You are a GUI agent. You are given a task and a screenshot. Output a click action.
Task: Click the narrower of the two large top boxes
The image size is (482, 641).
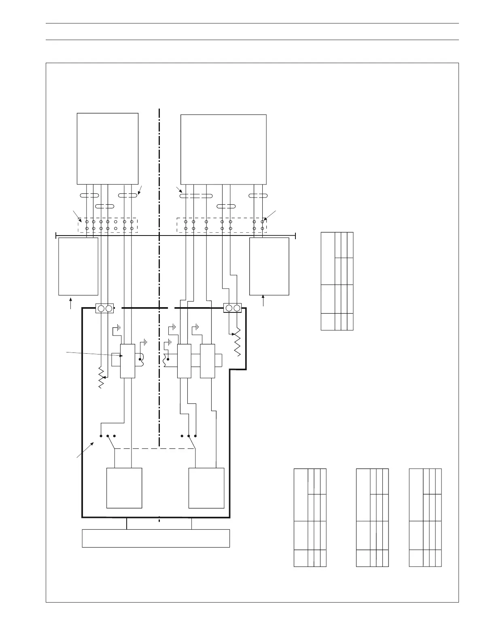coord(107,149)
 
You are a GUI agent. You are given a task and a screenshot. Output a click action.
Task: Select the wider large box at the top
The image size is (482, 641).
coord(223,149)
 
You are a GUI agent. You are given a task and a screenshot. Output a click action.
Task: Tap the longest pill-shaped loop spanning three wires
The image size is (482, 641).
coord(196,196)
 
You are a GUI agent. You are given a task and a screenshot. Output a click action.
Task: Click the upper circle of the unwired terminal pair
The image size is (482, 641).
coord(116,222)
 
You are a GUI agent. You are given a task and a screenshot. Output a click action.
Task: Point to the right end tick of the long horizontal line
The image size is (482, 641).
coord(295,236)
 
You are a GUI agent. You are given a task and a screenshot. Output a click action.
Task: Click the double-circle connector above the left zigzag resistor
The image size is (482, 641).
coord(104,309)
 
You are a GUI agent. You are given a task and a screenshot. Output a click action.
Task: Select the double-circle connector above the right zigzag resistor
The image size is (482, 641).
coord(233,308)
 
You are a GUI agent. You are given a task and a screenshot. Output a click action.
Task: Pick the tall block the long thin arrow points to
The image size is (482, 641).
coord(128,361)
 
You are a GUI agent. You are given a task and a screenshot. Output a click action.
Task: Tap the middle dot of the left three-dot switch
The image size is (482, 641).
coord(108,436)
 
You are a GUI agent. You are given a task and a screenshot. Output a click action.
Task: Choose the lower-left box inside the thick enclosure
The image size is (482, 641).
coord(124,488)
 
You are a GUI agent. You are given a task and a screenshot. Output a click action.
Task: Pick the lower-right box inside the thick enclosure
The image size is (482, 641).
coord(206,488)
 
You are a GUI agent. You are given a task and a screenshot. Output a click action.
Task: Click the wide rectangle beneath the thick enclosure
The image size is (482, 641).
coord(156,538)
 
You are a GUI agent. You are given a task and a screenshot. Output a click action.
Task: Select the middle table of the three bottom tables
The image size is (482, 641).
coord(372,518)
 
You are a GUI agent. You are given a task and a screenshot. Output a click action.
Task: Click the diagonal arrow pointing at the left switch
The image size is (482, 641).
coord(85,450)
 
